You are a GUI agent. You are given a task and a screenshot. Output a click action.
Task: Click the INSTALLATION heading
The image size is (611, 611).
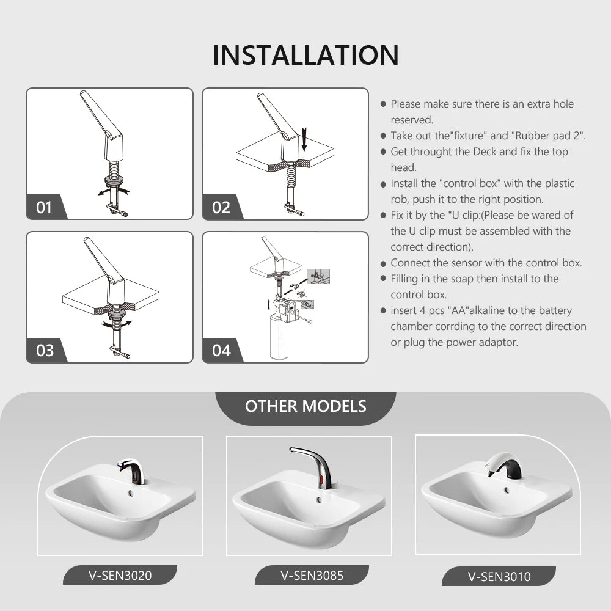tap(306, 55)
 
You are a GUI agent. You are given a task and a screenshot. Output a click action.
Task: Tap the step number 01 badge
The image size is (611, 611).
tap(44, 207)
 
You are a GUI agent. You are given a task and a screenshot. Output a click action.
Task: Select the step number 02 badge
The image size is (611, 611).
tap(221, 207)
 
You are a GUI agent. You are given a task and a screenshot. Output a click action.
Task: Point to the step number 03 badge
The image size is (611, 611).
tap(45, 350)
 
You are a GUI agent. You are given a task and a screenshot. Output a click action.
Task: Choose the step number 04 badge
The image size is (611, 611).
tap(221, 350)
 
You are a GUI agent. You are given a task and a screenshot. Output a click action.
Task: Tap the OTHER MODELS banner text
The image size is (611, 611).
tap(306, 406)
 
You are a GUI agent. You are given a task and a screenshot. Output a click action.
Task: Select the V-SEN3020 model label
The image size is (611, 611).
tap(120, 575)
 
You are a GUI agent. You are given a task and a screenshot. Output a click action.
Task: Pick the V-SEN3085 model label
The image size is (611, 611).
tap(312, 575)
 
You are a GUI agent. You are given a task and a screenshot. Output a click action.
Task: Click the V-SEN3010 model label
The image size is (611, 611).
tap(499, 576)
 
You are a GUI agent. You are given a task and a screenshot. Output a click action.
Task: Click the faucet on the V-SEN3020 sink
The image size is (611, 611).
tap(133, 470)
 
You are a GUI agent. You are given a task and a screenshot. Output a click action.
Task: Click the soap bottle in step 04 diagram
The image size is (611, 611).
tap(279, 337)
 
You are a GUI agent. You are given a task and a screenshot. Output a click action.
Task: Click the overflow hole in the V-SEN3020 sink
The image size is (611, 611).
tap(131, 493)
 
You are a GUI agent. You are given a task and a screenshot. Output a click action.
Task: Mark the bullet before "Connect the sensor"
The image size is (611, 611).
tap(383, 263)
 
